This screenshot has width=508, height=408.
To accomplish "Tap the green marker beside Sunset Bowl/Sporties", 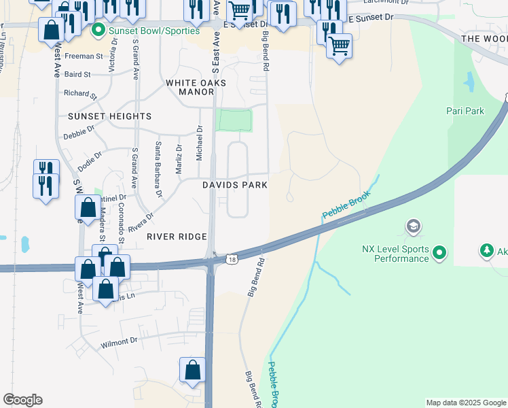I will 98,31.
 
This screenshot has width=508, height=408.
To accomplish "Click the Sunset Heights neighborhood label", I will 109,116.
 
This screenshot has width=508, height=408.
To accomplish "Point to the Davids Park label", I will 234,185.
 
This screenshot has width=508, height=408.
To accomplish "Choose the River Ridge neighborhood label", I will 177,237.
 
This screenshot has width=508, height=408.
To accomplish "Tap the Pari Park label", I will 465,111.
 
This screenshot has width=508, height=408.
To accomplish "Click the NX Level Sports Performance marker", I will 439,254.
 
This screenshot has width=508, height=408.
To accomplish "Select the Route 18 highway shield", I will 233,259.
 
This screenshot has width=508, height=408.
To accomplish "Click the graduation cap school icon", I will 412,226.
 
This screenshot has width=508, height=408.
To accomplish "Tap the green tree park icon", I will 486,252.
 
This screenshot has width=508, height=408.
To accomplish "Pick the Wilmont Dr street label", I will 119,341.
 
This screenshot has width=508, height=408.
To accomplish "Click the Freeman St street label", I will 84,56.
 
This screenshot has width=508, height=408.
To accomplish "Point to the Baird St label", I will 78,74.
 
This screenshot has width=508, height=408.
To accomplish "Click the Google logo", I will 22,400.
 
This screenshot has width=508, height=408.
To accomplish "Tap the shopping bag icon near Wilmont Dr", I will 193,371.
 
